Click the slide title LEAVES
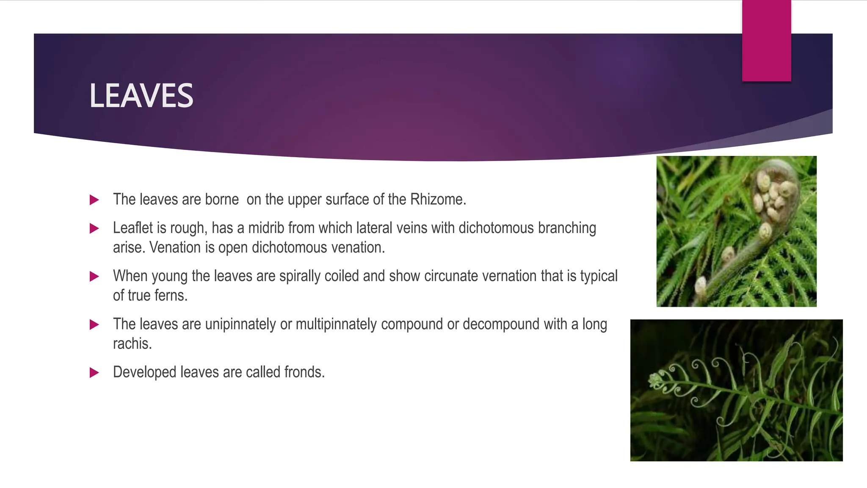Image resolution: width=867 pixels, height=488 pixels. (141, 96)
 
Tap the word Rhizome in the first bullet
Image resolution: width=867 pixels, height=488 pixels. (438, 200)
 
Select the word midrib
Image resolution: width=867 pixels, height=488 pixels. (266, 228)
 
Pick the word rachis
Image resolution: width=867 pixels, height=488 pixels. (132, 344)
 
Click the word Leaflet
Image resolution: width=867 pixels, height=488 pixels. (133, 228)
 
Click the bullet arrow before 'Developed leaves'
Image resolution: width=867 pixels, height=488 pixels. (94, 373)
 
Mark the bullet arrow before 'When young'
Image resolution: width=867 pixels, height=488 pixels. (94, 277)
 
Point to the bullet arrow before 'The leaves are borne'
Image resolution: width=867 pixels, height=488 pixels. (94, 200)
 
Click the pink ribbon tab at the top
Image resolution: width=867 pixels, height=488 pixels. (766, 40)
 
